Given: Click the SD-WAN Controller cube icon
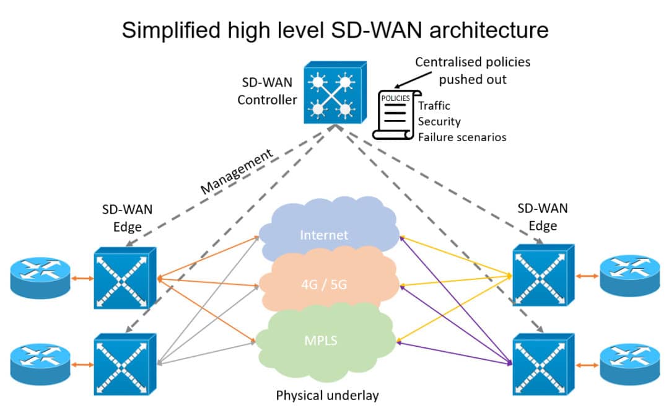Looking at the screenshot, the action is (x=335, y=92).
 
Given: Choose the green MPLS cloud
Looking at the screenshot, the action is (x=325, y=341).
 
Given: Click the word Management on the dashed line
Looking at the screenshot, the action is (x=237, y=172).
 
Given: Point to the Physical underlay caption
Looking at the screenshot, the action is (x=327, y=395).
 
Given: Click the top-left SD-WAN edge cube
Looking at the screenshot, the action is (x=125, y=278).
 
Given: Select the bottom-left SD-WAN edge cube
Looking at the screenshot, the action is (x=125, y=364).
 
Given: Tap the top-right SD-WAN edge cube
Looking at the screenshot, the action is (x=543, y=275).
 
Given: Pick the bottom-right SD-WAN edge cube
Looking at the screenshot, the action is (x=543, y=364).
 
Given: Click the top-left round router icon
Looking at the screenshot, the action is (x=40, y=277).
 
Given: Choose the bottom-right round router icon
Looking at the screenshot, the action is (x=630, y=364).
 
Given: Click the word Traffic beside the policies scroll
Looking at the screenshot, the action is (x=434, y=105).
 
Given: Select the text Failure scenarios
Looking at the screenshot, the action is (x=462, y=137).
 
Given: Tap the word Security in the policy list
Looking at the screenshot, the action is (x=439, y=121).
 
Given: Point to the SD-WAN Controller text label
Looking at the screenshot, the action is (x=267, y=91).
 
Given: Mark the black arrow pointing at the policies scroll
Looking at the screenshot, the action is (x=413, y=80).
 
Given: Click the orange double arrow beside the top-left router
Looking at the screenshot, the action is (x=82, y=279).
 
